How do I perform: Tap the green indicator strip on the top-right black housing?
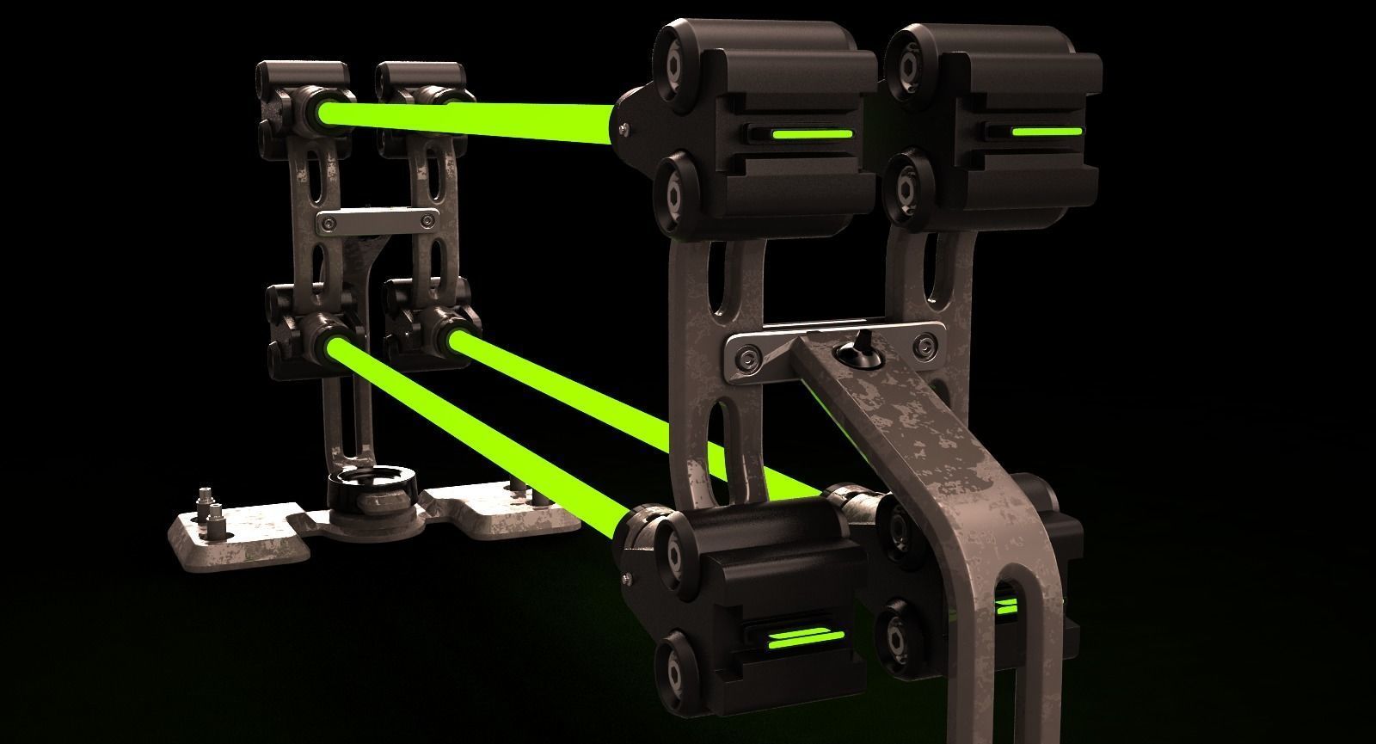[1045, 132]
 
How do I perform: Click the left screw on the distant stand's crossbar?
[328, 224]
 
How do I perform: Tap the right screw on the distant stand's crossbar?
[424, 221]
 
